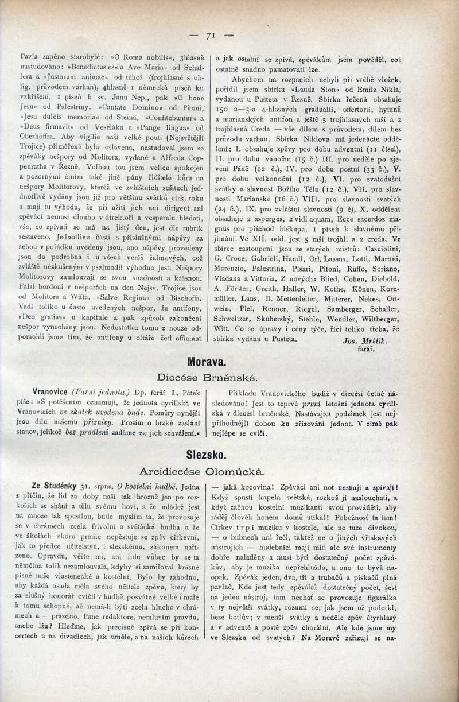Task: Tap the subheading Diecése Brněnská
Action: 207,378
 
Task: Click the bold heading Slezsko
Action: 207,455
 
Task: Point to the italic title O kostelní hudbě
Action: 142,486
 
